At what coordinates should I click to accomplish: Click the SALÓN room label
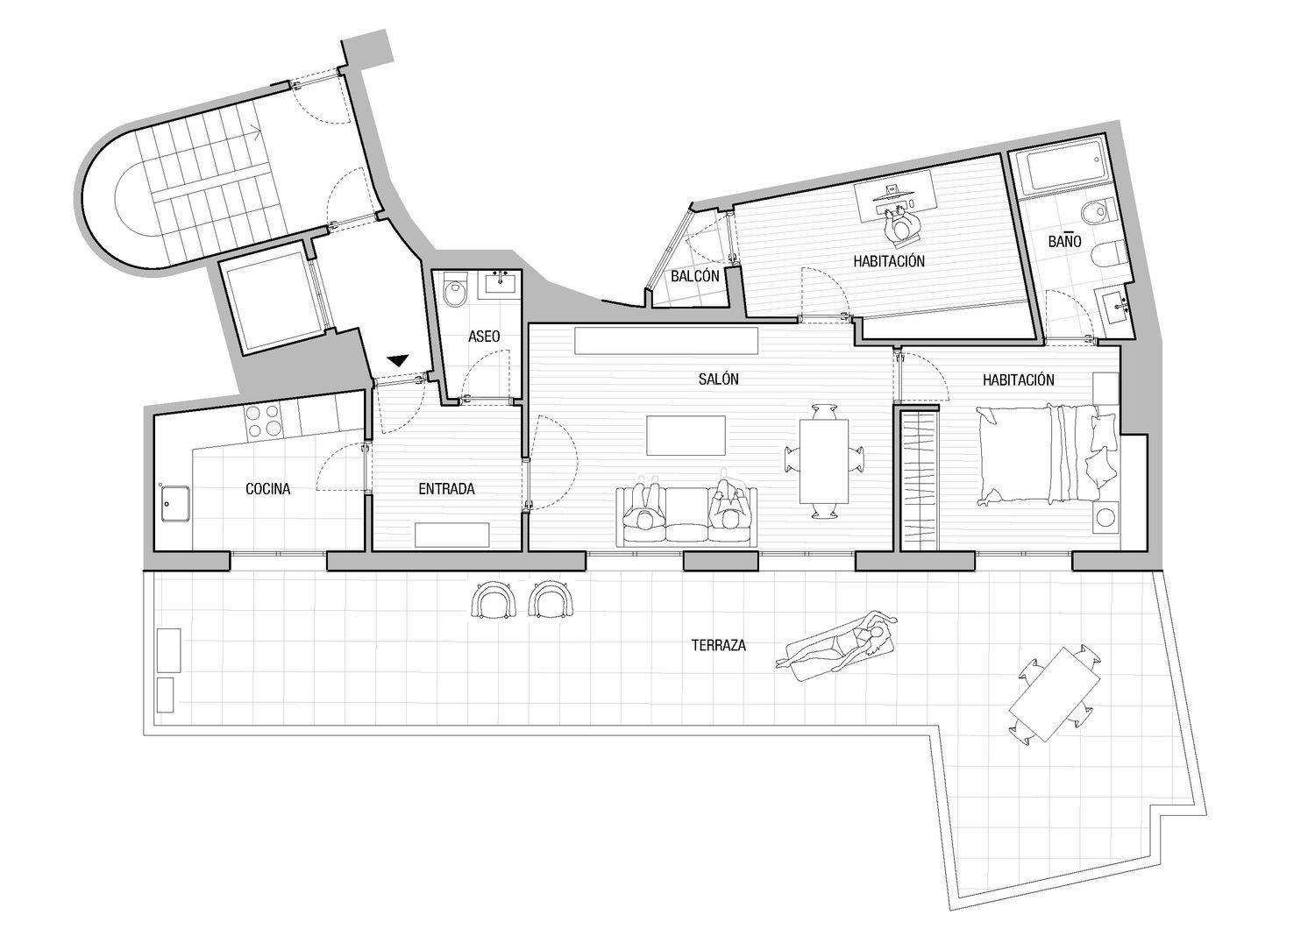(718, 379)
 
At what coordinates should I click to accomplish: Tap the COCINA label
(267, 489)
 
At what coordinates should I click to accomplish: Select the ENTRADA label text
(446, 489)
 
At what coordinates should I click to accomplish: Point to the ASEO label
(484, 337)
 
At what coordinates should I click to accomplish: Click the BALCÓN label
(695, 276)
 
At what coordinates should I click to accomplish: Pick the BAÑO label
(1064, 241)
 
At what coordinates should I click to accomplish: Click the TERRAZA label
(719, 646)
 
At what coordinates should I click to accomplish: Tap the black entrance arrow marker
(398, 360)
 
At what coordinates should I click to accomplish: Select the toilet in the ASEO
(454, 290)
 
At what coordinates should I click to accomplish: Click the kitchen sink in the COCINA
(175, 504)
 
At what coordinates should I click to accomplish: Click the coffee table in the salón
(686, 435)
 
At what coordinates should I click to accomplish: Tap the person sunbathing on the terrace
(836, 648)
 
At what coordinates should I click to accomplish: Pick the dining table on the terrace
(1054, 693)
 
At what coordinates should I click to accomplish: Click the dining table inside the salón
(824, 461)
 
